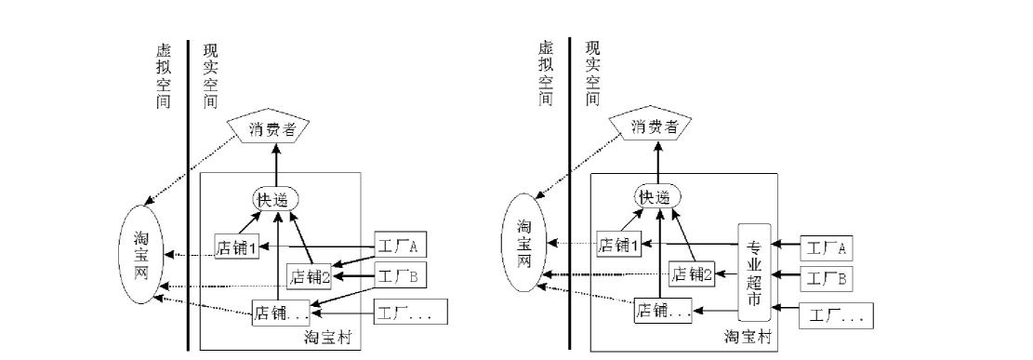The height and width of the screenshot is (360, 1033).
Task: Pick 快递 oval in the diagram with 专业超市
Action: (658, 197)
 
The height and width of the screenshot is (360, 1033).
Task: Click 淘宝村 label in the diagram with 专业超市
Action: (748, 336)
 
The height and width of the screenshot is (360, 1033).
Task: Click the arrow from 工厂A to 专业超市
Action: (785, 247)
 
